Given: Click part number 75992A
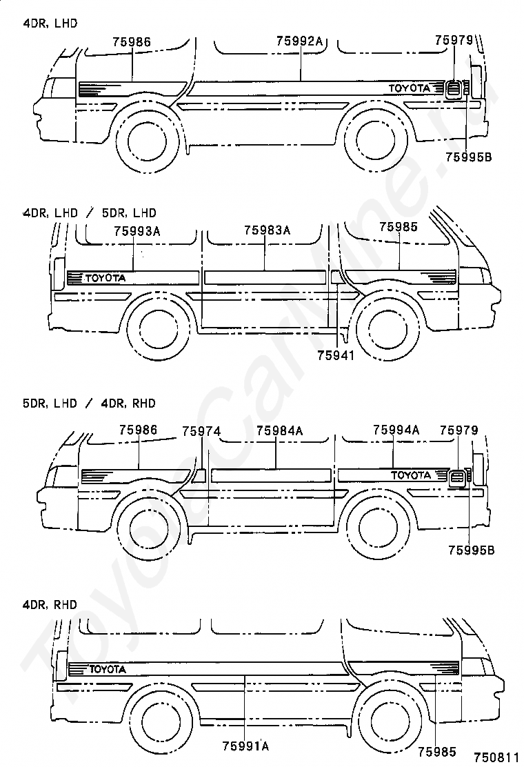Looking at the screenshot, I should (299, 41).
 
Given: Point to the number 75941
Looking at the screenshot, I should (336, 355).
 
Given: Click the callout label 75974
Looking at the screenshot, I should (201, 431).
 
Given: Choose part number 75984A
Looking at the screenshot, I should (279, 431).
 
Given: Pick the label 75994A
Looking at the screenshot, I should (396, 430).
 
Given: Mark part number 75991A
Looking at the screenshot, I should (245, 746).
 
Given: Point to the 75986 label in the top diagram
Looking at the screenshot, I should (132, 41).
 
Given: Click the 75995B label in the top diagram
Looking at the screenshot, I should (469, 157).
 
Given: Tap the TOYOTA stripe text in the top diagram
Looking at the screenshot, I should (410, 88).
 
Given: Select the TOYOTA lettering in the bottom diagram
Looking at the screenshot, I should (107, 668).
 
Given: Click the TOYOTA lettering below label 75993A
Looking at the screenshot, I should (105, 278).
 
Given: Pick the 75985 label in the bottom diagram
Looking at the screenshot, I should (434, 750).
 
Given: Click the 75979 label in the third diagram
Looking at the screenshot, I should (458, 430).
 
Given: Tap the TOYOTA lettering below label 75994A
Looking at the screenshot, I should (411, 475).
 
